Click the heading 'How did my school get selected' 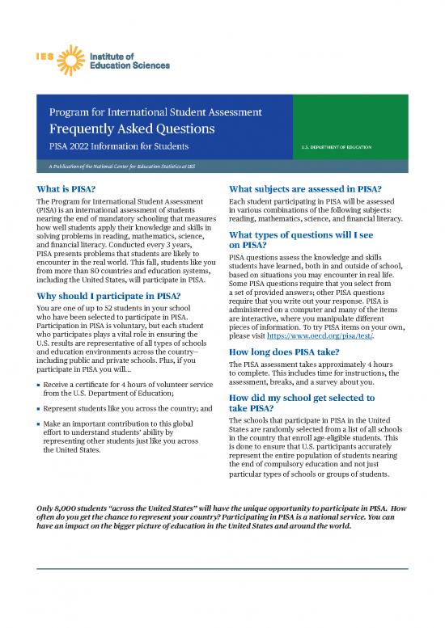[302, 398]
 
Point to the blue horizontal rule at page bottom [222, 570]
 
